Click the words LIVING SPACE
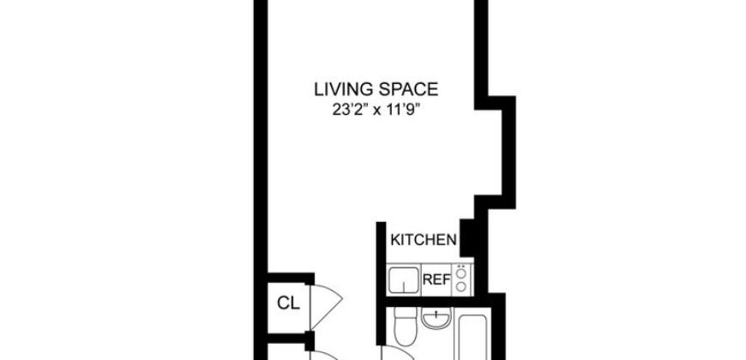tap(377, 88)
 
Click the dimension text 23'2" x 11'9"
tap(377, 109)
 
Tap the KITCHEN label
tap(423, 240)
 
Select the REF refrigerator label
tap(436, 279)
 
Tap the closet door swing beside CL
tap(327, 303)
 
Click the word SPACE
tap(411, 88)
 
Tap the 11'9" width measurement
tap(413, 109)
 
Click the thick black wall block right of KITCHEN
tap(468, 237)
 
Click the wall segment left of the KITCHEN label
tap(378, 257)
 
